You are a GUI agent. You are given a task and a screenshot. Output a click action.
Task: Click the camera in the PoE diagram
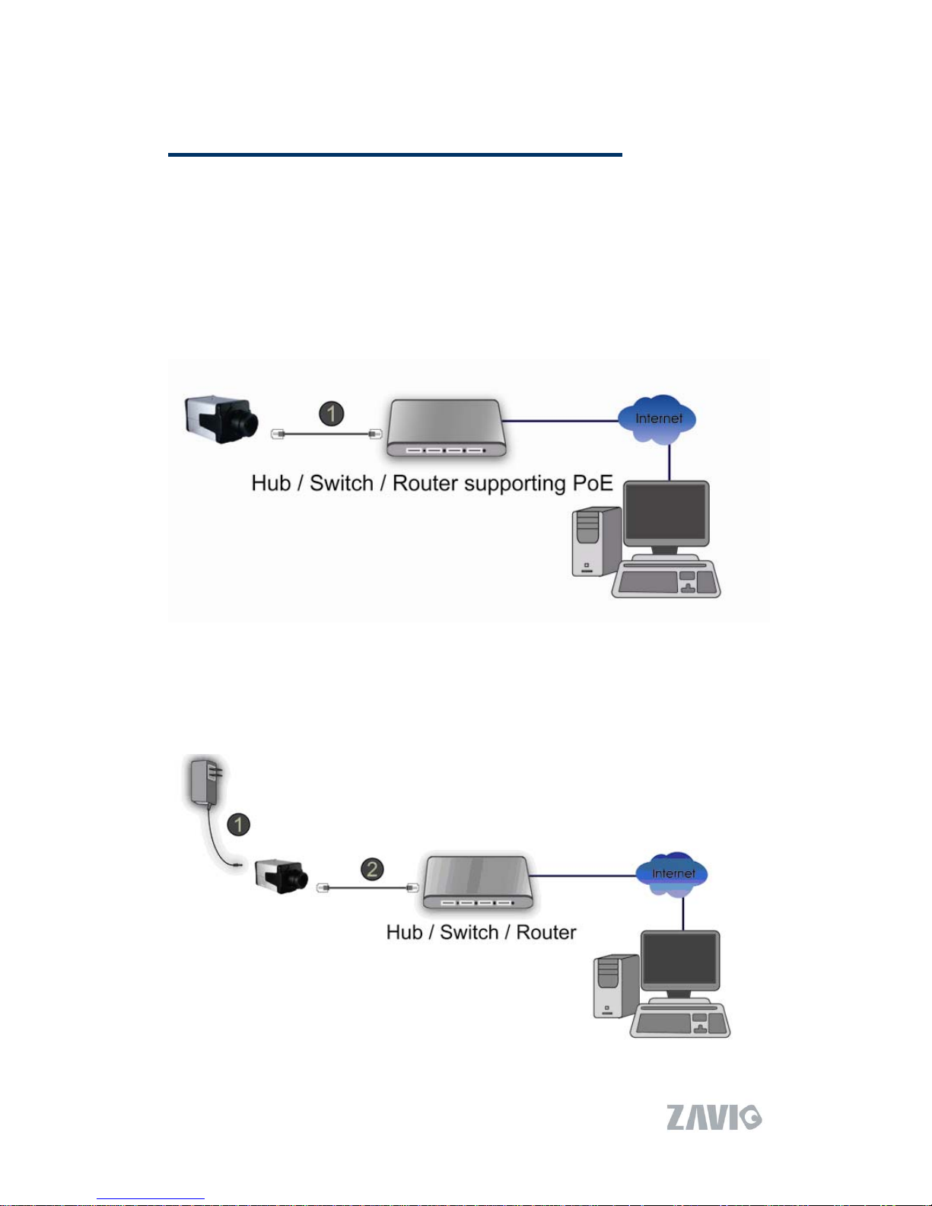(x=221, y=418)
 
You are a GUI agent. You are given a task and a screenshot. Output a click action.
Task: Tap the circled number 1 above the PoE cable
(x=331, y=414)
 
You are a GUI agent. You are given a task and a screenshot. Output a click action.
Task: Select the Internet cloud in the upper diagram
(x=657, y=419)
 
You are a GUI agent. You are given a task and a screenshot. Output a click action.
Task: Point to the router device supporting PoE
(x=445, y=428)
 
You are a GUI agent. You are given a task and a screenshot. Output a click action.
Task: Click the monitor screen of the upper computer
(x=666, y=513)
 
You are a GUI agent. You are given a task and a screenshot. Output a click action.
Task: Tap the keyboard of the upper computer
(x=666, y=581)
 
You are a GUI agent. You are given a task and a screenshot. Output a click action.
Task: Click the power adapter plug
(x=205, y=781)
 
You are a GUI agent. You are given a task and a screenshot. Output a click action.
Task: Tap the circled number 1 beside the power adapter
(x=239, y=824)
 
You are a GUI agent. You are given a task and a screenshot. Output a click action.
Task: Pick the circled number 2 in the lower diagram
(x=371, y=869)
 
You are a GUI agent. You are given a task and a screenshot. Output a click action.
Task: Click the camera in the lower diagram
(x=282, y=876)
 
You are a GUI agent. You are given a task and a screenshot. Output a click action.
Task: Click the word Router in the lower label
(x=546, y=933)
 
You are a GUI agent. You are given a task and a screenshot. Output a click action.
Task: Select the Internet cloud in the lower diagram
(x=673, y=873)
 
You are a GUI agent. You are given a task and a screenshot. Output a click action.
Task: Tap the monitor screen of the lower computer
(x=680, y=960)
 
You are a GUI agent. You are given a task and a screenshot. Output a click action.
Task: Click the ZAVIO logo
(x=714, y=1117)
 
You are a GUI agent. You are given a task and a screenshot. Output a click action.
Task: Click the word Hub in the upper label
(x=271, y=484)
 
